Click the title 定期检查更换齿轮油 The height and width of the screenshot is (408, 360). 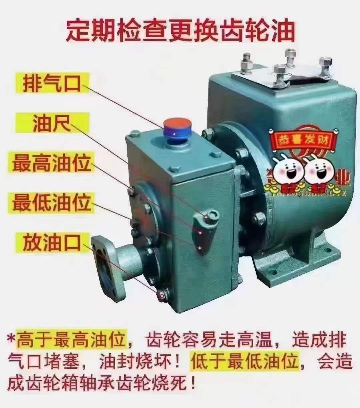(180, 31)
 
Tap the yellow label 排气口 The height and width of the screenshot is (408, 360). (52, 83)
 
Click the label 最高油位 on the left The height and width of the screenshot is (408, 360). (52, 163)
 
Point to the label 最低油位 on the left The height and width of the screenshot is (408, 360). (52, 202)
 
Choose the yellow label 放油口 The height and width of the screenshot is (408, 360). (52, 242)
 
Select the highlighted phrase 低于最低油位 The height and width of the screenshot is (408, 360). (245, 361)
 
